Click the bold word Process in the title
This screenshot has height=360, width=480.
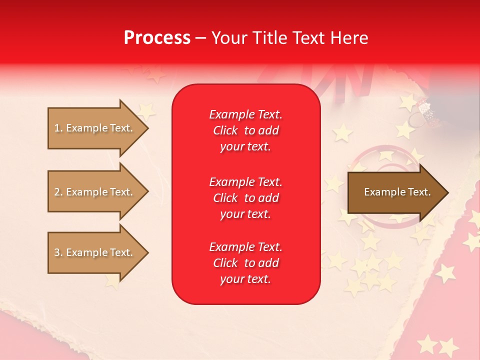point(157,38)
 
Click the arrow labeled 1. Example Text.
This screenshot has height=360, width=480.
point(95,128)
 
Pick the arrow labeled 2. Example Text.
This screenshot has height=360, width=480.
point(95,192)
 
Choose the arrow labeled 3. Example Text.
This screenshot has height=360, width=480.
point(95,252)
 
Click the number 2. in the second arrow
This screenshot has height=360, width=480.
point(58,192)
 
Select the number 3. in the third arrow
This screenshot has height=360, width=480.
point(58,252)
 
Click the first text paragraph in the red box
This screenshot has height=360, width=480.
point(245,130)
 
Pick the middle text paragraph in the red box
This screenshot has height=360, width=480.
point(245,198)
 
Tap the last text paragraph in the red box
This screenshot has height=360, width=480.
point(245,263)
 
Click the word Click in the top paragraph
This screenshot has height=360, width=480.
point(225,130)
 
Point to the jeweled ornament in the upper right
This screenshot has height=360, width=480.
point(425,109)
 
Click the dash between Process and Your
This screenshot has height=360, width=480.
point(201,38)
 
